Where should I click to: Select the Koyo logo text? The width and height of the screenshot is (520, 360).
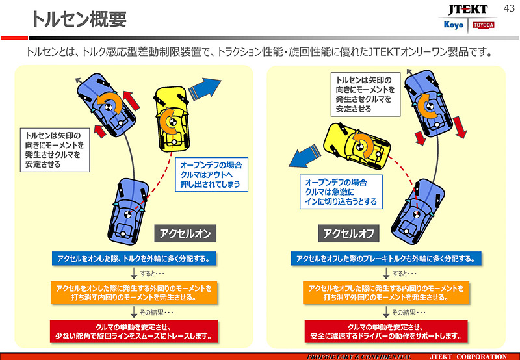coord(452,25)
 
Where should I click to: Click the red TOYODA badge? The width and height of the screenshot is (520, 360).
coord(483,25)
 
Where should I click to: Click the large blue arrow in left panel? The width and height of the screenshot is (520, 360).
coord(207,87)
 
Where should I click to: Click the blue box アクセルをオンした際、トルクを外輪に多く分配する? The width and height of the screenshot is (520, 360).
coord(133,259)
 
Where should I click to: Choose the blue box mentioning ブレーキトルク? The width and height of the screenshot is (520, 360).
coord(386,259)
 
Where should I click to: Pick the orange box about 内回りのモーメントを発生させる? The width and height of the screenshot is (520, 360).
coord(133,292)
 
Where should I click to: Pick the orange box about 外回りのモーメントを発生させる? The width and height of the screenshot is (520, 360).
coord(386,292)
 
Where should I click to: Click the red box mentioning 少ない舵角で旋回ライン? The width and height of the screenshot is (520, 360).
coord(133,331)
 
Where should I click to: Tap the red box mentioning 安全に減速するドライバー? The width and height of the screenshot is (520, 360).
coord(386,331)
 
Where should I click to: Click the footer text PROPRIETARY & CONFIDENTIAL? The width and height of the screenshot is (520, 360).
coord(359,356)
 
